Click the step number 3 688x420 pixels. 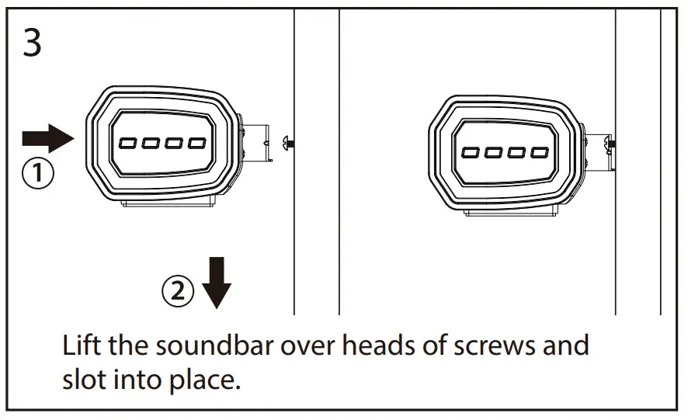pos(32,43)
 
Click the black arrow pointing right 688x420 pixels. pos(47,139)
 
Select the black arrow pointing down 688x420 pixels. pos(217,284)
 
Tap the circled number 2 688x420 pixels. pos(178,291)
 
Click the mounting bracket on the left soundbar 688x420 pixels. pos(255,143)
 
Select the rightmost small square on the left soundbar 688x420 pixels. pos(197,144)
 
